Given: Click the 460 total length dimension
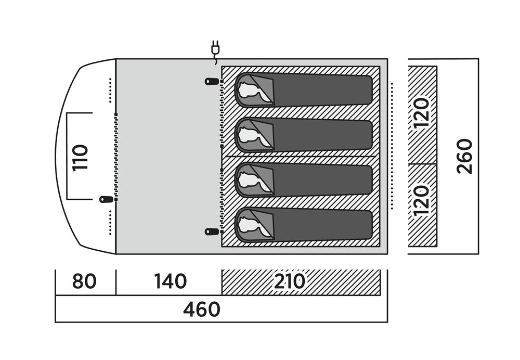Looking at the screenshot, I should pos(202,310).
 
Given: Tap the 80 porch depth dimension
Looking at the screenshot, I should pos(84,282).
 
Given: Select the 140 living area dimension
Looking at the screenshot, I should pos(170,282).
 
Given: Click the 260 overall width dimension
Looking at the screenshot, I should pos(464,156).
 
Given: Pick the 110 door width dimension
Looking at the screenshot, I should pos(81,158).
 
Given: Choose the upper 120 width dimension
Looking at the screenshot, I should pos(422,113).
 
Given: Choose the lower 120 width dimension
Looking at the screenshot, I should pos(422,200).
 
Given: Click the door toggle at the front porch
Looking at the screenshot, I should pos(106,199).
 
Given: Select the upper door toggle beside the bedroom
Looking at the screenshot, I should pos(212,82).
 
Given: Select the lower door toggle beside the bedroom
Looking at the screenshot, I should pos(212,231).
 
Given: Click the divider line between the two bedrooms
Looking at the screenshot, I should pos(299,156).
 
